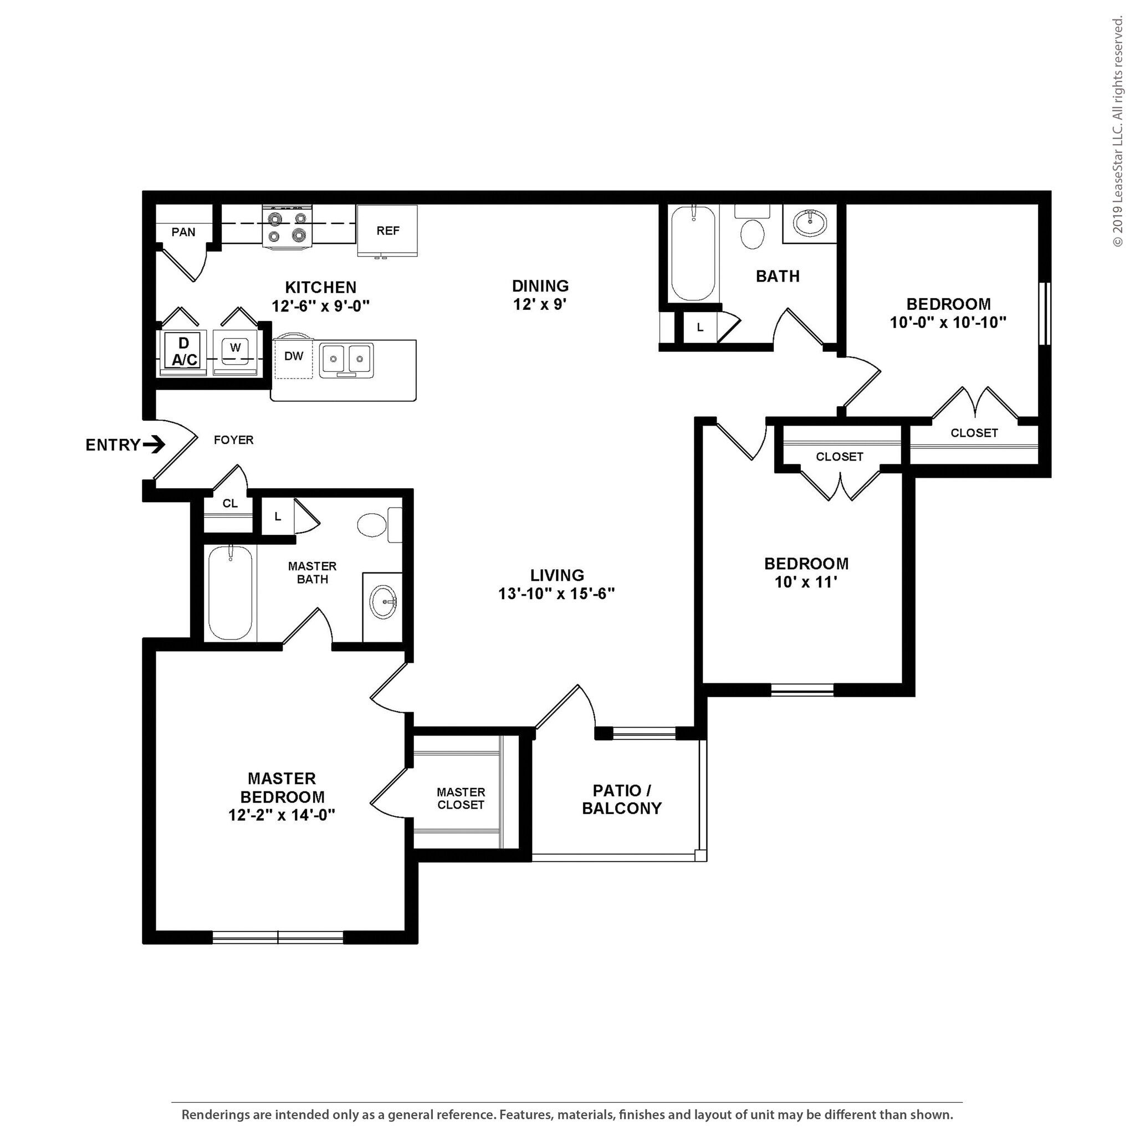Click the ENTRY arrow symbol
155,444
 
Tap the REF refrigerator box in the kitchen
388,231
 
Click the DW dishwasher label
294,356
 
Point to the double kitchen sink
346,359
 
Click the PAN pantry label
183,232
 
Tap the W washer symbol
235,348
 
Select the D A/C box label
184,351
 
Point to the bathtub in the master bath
231,593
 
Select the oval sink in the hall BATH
810,223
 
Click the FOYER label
233,440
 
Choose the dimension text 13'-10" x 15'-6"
556,594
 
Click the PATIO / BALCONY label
622,800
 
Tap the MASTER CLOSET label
461,799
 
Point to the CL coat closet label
229,503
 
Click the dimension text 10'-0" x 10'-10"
948,323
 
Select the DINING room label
540,286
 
